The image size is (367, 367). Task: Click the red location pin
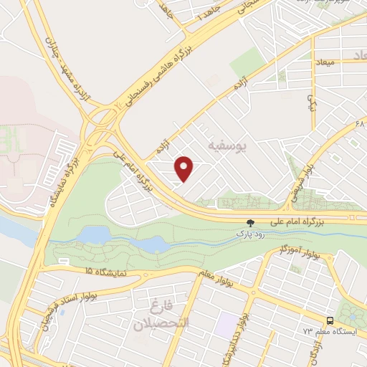pyautogui.click(x=185, y=169)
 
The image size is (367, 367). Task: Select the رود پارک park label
pyautogui.click(x=250, y=234)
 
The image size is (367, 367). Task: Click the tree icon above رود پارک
pyautogui.click(x=250, y=223)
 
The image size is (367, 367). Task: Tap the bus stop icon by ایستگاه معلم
pyautogui.click(x=330, y=321)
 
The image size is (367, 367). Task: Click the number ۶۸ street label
pyautogui.click(x=359, y=123)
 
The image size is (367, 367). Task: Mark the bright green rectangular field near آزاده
pyautogui.click(x=249, y=65)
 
